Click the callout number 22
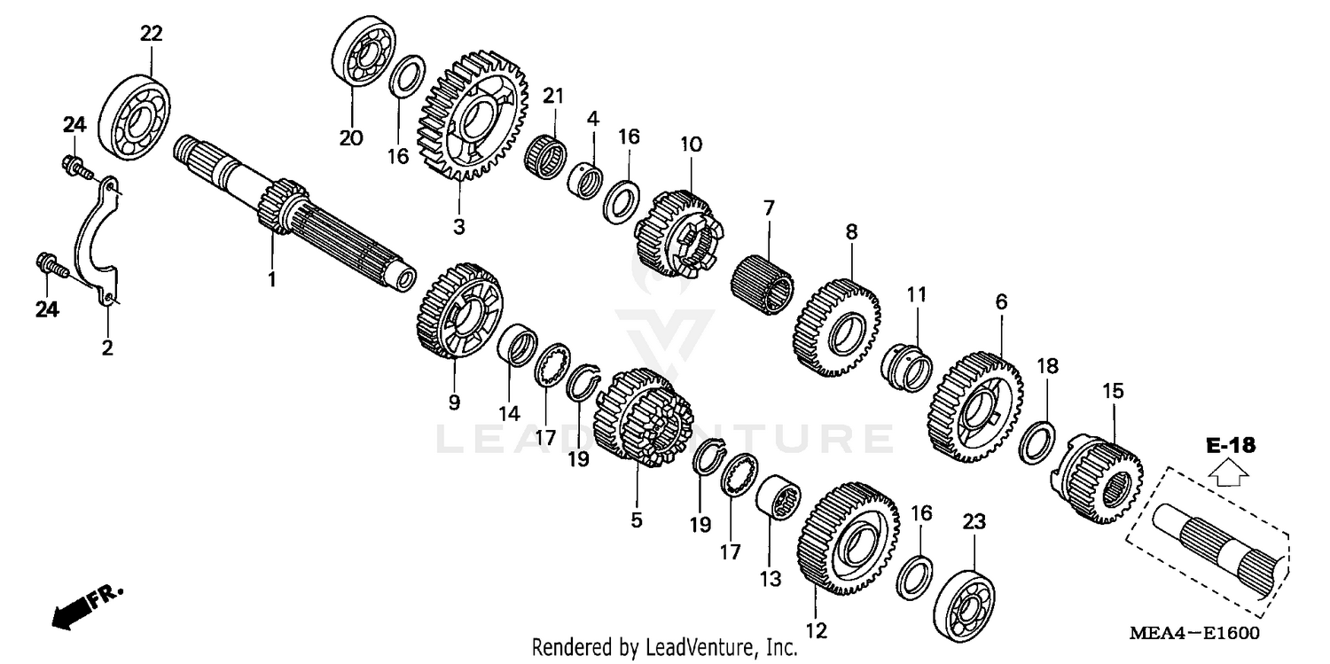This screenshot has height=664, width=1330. coord(152,34)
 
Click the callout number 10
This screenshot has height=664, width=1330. coord(691,144)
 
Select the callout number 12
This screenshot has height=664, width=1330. coord(816,631)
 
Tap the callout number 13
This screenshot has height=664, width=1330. coord(771,579)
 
